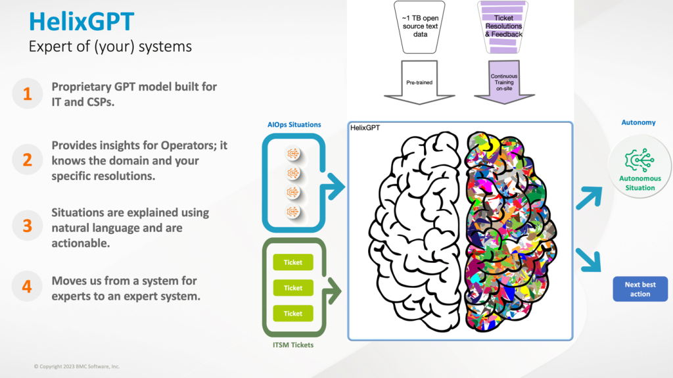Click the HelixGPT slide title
pos(81,22)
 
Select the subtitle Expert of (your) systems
pos(110,47)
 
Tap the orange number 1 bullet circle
pos(27,94)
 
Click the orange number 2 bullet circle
pos(27,160)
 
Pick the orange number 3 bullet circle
pos(27,225)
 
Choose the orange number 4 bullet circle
pos(27,287)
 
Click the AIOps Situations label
pos(294,124)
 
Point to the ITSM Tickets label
pos(293,344)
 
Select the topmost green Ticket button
pos(293,262)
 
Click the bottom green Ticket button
pos(293,313)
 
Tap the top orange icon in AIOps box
pos(293,153)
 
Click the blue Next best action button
pos(639,289)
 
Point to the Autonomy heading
pos(638,122)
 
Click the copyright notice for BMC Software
pos(77,366)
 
